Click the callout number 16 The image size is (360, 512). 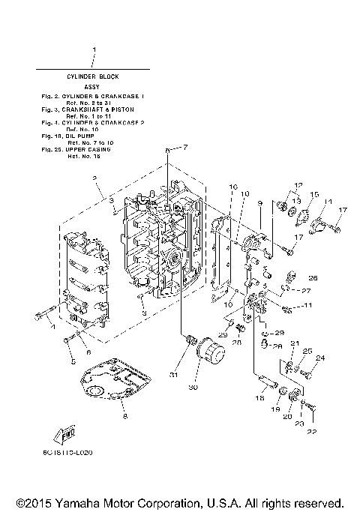tap(212, 187)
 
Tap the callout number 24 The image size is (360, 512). tap(320, 358)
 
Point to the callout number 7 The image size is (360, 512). tap(186, 146)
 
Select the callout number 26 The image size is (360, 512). tap(313, 278)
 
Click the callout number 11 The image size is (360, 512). tap(308, 306)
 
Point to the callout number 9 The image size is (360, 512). tap(259, 203)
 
